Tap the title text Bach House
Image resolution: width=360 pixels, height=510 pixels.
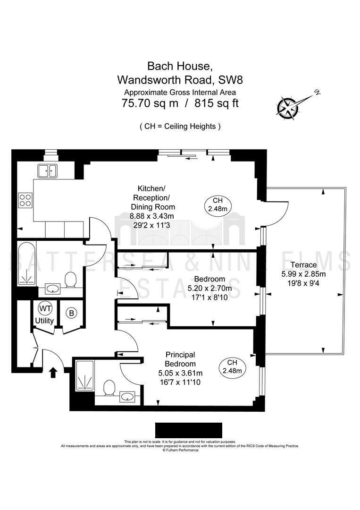point(180,66)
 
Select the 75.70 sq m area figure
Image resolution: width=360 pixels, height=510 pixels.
point(150,103)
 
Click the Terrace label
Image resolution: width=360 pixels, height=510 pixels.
point(303,265)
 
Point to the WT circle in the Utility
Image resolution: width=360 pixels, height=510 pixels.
point(45,308)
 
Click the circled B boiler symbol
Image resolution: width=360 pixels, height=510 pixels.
point(71,313)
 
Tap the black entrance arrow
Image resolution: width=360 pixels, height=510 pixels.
point(53,373)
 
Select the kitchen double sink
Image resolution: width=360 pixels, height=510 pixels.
point(48,171)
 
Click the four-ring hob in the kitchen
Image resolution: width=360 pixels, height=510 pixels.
point(25,200)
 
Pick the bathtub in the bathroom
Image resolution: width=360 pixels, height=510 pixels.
point(27,263)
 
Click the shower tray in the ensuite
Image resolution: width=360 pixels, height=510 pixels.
point(84,375)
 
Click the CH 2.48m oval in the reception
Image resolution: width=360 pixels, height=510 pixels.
point(218,205)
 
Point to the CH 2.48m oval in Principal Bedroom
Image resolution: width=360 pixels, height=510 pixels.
point(232,367)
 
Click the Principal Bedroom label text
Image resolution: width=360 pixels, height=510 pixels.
point(180,359)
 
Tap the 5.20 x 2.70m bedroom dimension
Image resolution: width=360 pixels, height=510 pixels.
point(210,288)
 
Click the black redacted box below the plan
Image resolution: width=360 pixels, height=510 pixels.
point(188,430)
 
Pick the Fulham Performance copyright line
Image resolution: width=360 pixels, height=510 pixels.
point(180,450)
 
